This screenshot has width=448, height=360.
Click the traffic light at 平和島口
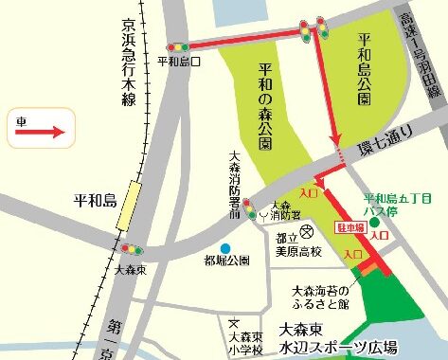pos(177,45)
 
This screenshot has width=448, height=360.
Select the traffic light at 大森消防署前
pos(248,209)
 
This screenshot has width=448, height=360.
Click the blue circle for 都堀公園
pos(225,248)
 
